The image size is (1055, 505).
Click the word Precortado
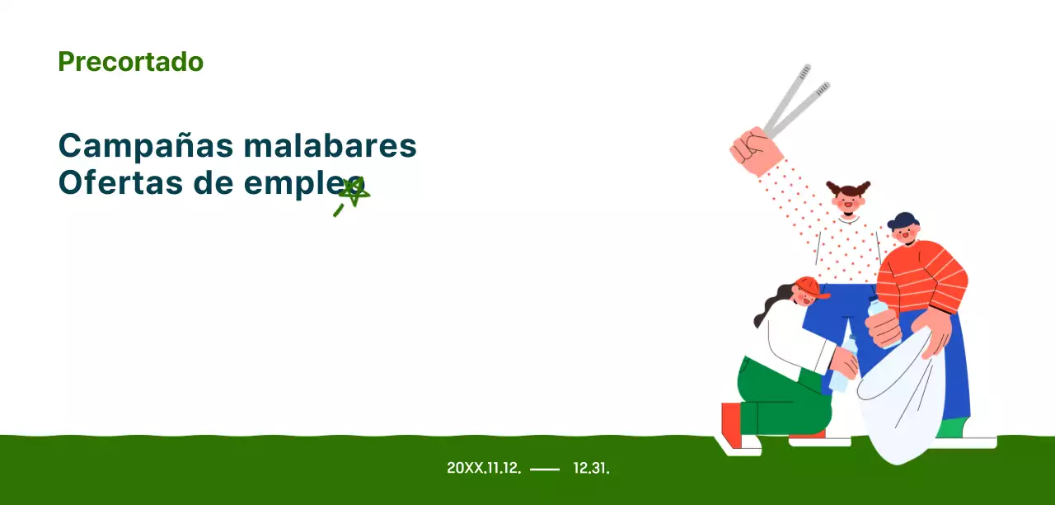[x=130, y=62]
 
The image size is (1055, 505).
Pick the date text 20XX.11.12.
[x=483, y=468]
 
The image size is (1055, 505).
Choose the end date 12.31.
[x=591, y=468]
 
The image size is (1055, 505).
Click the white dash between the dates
[x=544, y=469]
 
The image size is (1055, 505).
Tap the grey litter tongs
[x=794, y=101]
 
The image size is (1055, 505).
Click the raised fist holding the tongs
[x=753, y=152]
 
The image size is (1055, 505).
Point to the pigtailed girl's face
[x=848, y=202]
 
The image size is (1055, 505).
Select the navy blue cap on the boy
[x=901, y=220]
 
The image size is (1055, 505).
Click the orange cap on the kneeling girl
[x=809, y=287]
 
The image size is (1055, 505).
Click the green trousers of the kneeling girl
[x=779, y=396]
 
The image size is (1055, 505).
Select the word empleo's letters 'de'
[x=217, y=183]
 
